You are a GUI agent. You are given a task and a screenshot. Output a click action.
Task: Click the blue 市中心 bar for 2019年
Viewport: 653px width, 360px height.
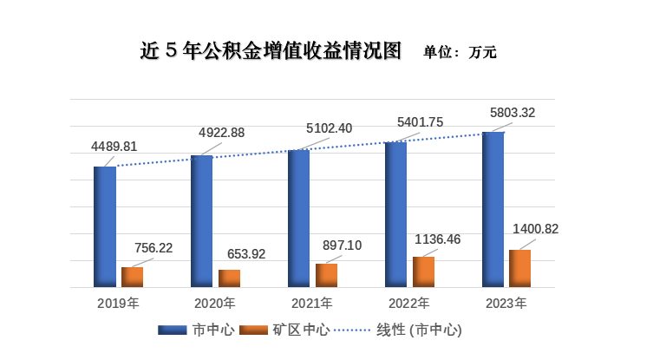click(x=105, y=226)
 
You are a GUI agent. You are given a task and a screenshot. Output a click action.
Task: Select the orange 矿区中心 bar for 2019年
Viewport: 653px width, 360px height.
click(x=133, y=277)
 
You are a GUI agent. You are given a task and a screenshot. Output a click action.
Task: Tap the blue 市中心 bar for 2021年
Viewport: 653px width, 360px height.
click(x=299, y=218)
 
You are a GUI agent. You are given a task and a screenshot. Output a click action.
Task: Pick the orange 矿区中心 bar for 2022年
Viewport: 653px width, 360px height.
click(x=424, y=272)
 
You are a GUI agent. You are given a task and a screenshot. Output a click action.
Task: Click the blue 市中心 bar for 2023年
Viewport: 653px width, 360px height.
click(x=493, y=209)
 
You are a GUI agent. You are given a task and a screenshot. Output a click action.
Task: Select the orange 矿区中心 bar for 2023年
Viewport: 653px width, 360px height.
click(x=519, y=268)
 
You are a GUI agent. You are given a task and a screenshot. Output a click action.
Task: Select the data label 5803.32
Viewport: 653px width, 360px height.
click(x=513, y=112)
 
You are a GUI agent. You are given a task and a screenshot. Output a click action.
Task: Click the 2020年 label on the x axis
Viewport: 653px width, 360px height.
click(x=215, y=304)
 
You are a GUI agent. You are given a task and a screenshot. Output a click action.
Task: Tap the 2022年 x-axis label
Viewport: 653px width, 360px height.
click(x=409, y=304)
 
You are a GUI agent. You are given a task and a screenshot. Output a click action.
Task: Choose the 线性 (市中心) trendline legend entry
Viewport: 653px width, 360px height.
click(x=407, y=331)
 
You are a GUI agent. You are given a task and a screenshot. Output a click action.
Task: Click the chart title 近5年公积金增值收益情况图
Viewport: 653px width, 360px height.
click(x=271, y=50)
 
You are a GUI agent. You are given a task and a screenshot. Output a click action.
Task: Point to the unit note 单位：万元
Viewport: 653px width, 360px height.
click(x=460, y=52)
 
